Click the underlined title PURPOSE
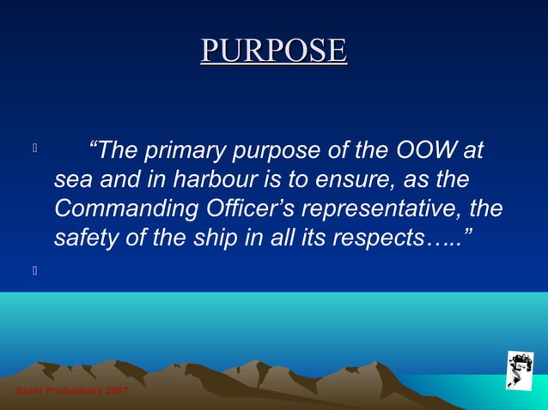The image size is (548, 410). click(274, 51)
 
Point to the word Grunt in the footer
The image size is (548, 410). click(29, 391)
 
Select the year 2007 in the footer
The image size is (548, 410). click(117, 391)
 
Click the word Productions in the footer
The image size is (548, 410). click(73, 391)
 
